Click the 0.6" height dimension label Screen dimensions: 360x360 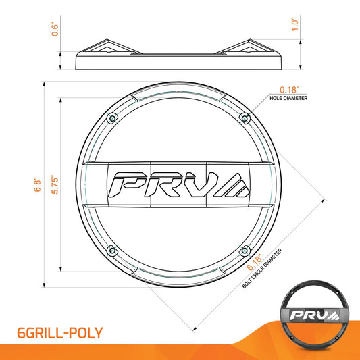coord(55,29)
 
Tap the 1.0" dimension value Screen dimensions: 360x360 coord(294,24)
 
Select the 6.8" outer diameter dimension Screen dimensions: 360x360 coord(37,184)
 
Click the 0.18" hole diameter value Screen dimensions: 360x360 coord(289,90)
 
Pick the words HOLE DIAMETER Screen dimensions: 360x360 coord(288,98)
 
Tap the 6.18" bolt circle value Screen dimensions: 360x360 coord(255,263)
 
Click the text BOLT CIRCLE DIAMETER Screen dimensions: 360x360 coord(262,268)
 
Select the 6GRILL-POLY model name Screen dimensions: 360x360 coord(60,333)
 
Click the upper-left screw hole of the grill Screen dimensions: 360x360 coord(112,118)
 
